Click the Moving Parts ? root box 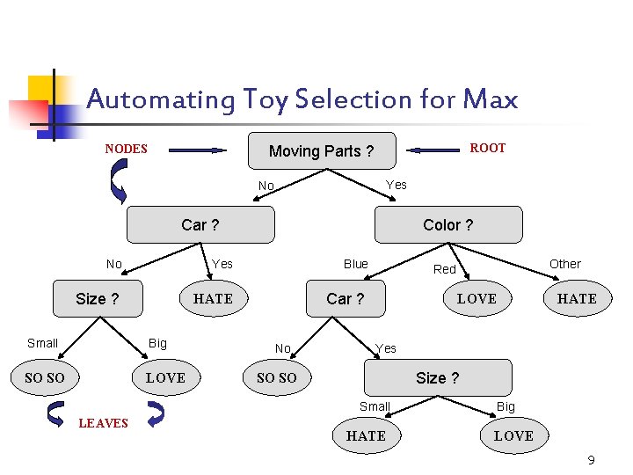[321, 151]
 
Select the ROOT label [487, 148]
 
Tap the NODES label [127, 149]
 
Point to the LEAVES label [104, 423]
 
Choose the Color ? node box [447, 225]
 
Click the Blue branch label [356, 264]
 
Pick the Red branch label [445, 269]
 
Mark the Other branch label [565, 264]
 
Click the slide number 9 [591, 460]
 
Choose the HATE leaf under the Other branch [577, 299]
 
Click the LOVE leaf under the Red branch [477, 299]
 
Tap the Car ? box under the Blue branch [345, 299]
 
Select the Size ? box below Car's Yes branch [437, 378]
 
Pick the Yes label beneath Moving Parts [397, 185]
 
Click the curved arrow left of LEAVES [56, 413]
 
